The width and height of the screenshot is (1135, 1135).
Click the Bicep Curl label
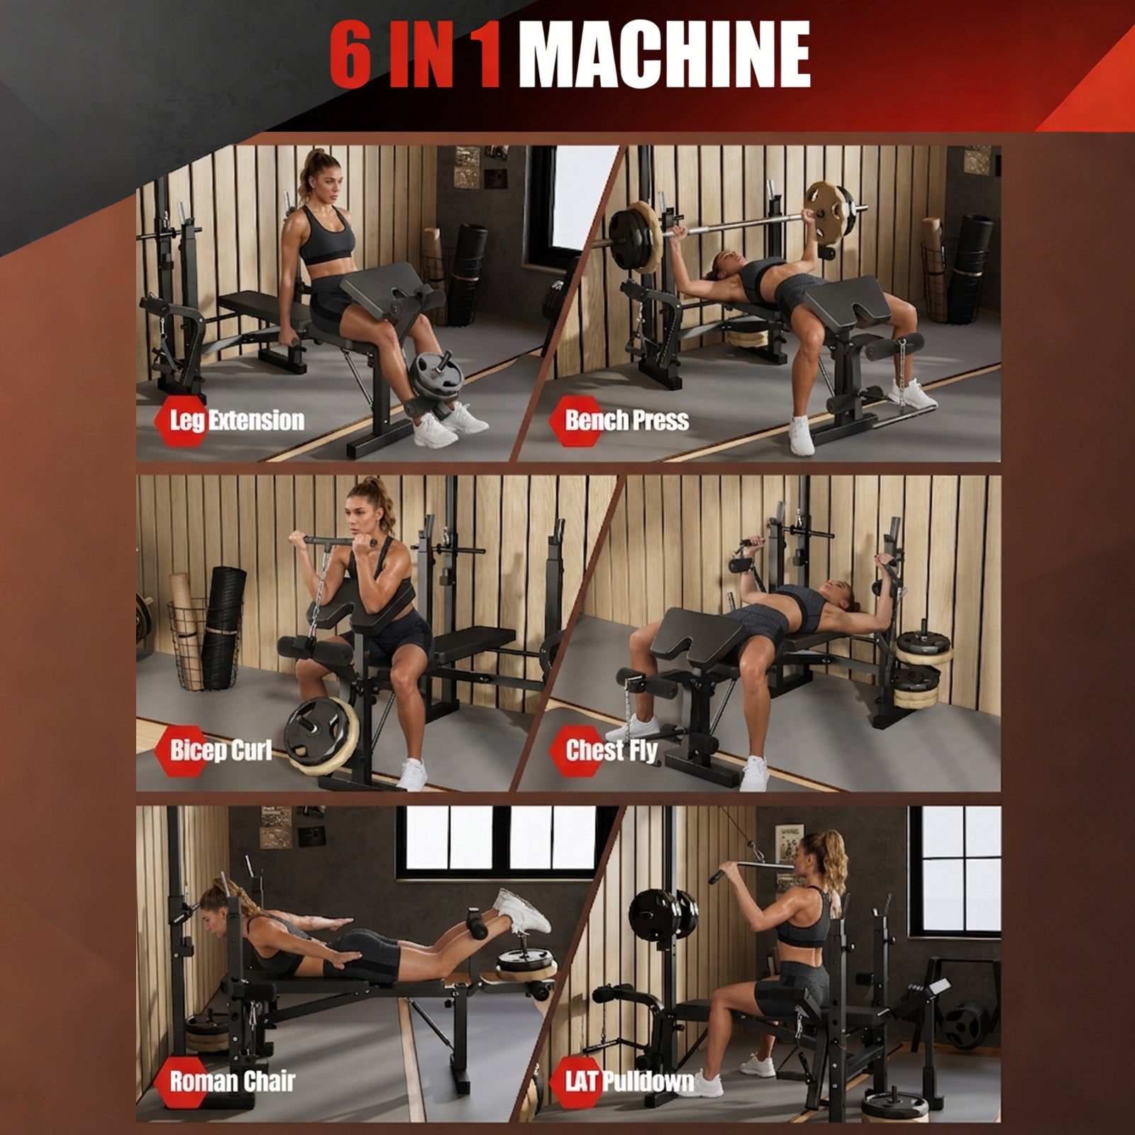[x=220, y=750]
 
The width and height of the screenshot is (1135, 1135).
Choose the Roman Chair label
[x=231, y=1081]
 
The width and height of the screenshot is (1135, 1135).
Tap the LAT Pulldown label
[x=629, y=1081]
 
